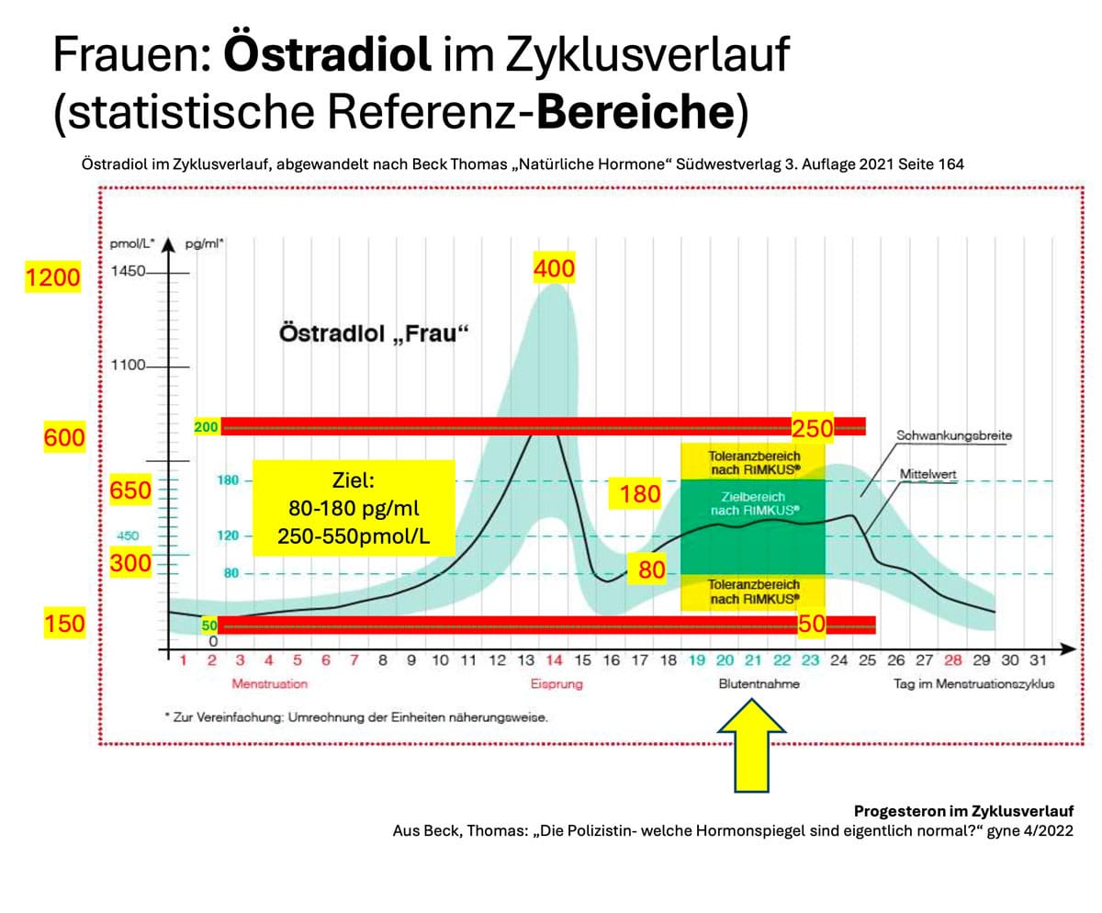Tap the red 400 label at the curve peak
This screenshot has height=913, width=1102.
(554, 268)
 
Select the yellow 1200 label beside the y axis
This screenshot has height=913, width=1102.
(53, 276)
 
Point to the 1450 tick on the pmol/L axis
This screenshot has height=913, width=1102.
(128, 273)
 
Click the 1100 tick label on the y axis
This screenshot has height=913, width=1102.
(128, 366)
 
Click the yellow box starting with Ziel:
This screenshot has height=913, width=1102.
(353, 507)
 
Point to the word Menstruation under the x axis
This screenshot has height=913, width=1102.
(269, 684)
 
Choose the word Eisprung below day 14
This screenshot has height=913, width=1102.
(556, 684)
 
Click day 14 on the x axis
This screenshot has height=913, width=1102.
(555, 660)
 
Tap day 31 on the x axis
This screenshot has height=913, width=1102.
(1038, 660)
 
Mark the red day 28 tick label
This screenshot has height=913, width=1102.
(953, 660)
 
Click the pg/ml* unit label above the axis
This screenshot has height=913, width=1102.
(206, 243)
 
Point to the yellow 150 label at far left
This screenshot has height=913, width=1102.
(64, 625)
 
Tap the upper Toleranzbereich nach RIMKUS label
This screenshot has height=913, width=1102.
(754, 462)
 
